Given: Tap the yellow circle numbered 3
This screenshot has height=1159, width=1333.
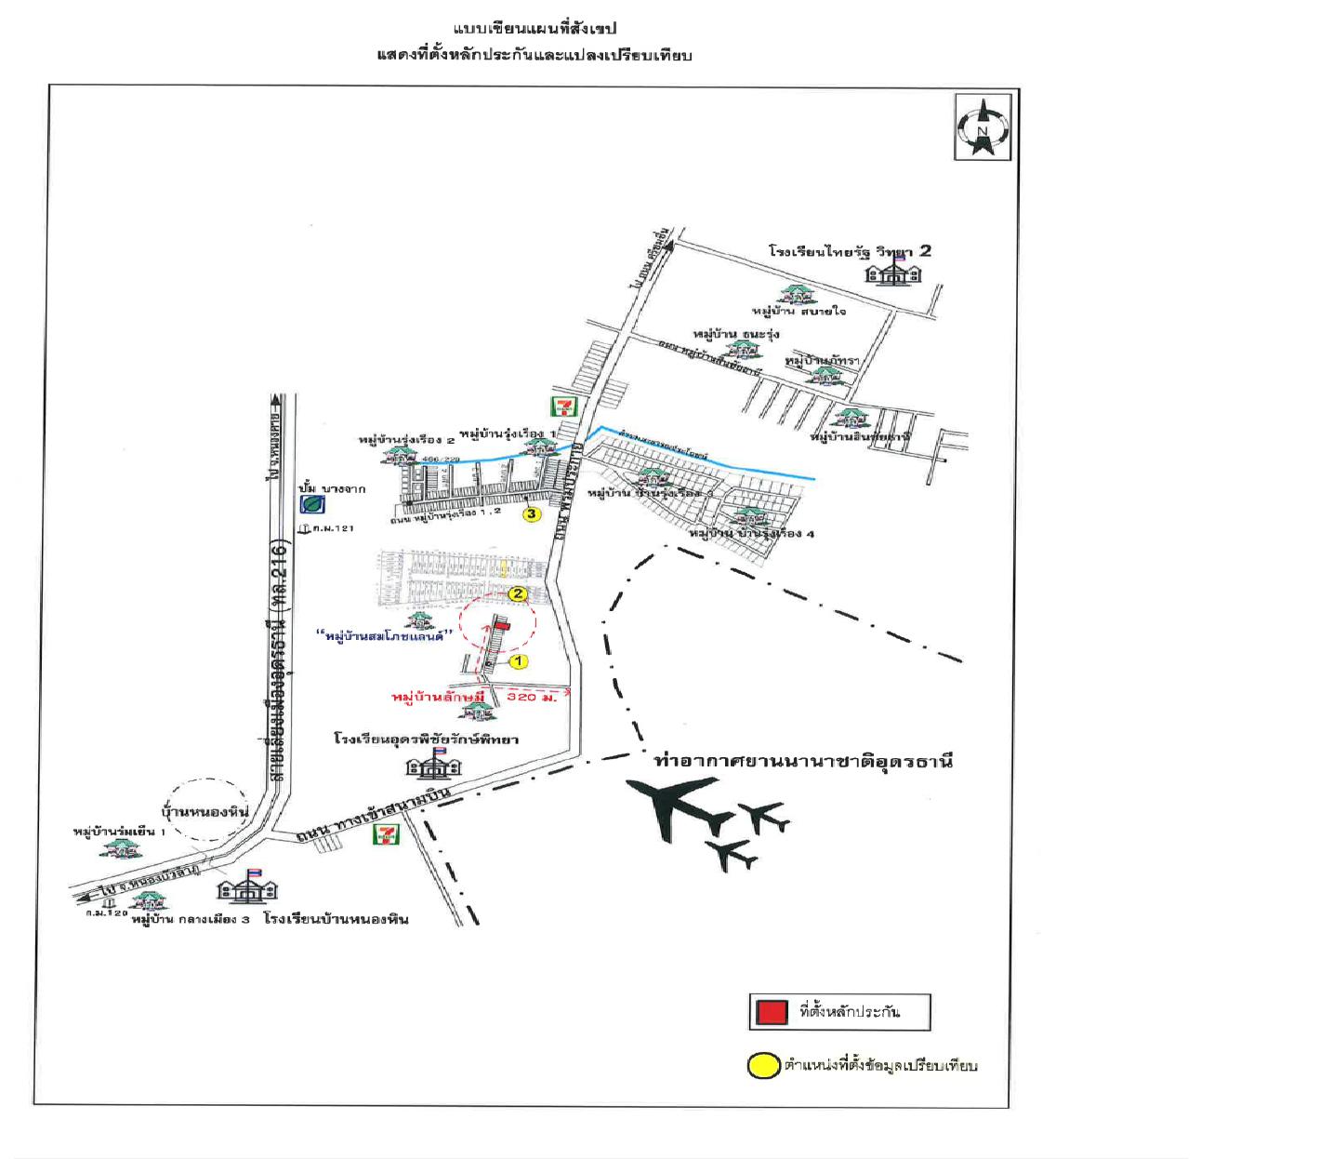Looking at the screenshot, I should (532, 514).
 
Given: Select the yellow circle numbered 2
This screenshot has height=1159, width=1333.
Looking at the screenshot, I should (518, 593).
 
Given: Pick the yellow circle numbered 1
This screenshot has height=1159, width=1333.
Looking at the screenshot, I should (518, 661).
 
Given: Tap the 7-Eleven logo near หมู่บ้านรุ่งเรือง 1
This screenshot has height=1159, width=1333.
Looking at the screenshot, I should (562, 406).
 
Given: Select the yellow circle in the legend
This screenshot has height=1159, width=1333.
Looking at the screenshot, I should (763, 1066).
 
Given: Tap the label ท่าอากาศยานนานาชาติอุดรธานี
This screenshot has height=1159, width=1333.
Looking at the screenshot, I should (803, 762).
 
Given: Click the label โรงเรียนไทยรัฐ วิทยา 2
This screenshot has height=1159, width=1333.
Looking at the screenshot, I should (850, 251).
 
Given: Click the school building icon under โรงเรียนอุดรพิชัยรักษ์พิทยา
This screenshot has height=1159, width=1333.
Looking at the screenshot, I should (433, 766).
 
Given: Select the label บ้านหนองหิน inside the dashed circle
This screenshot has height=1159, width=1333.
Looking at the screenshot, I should (206, 812).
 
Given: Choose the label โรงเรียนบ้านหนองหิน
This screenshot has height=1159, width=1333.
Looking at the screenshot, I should (336, 919).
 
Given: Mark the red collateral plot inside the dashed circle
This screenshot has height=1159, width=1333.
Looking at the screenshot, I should (501, 626).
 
